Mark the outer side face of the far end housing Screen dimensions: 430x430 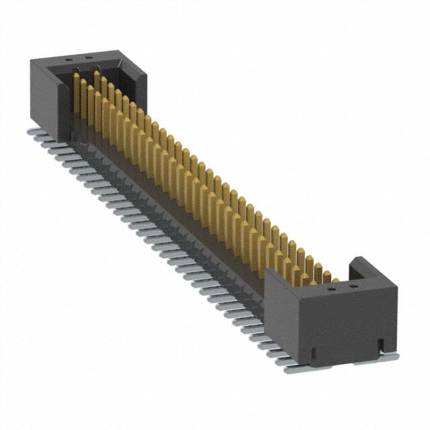coord(47,97)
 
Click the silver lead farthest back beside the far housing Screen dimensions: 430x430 coord(34,132)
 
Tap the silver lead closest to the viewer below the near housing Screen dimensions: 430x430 coord(296,369)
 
